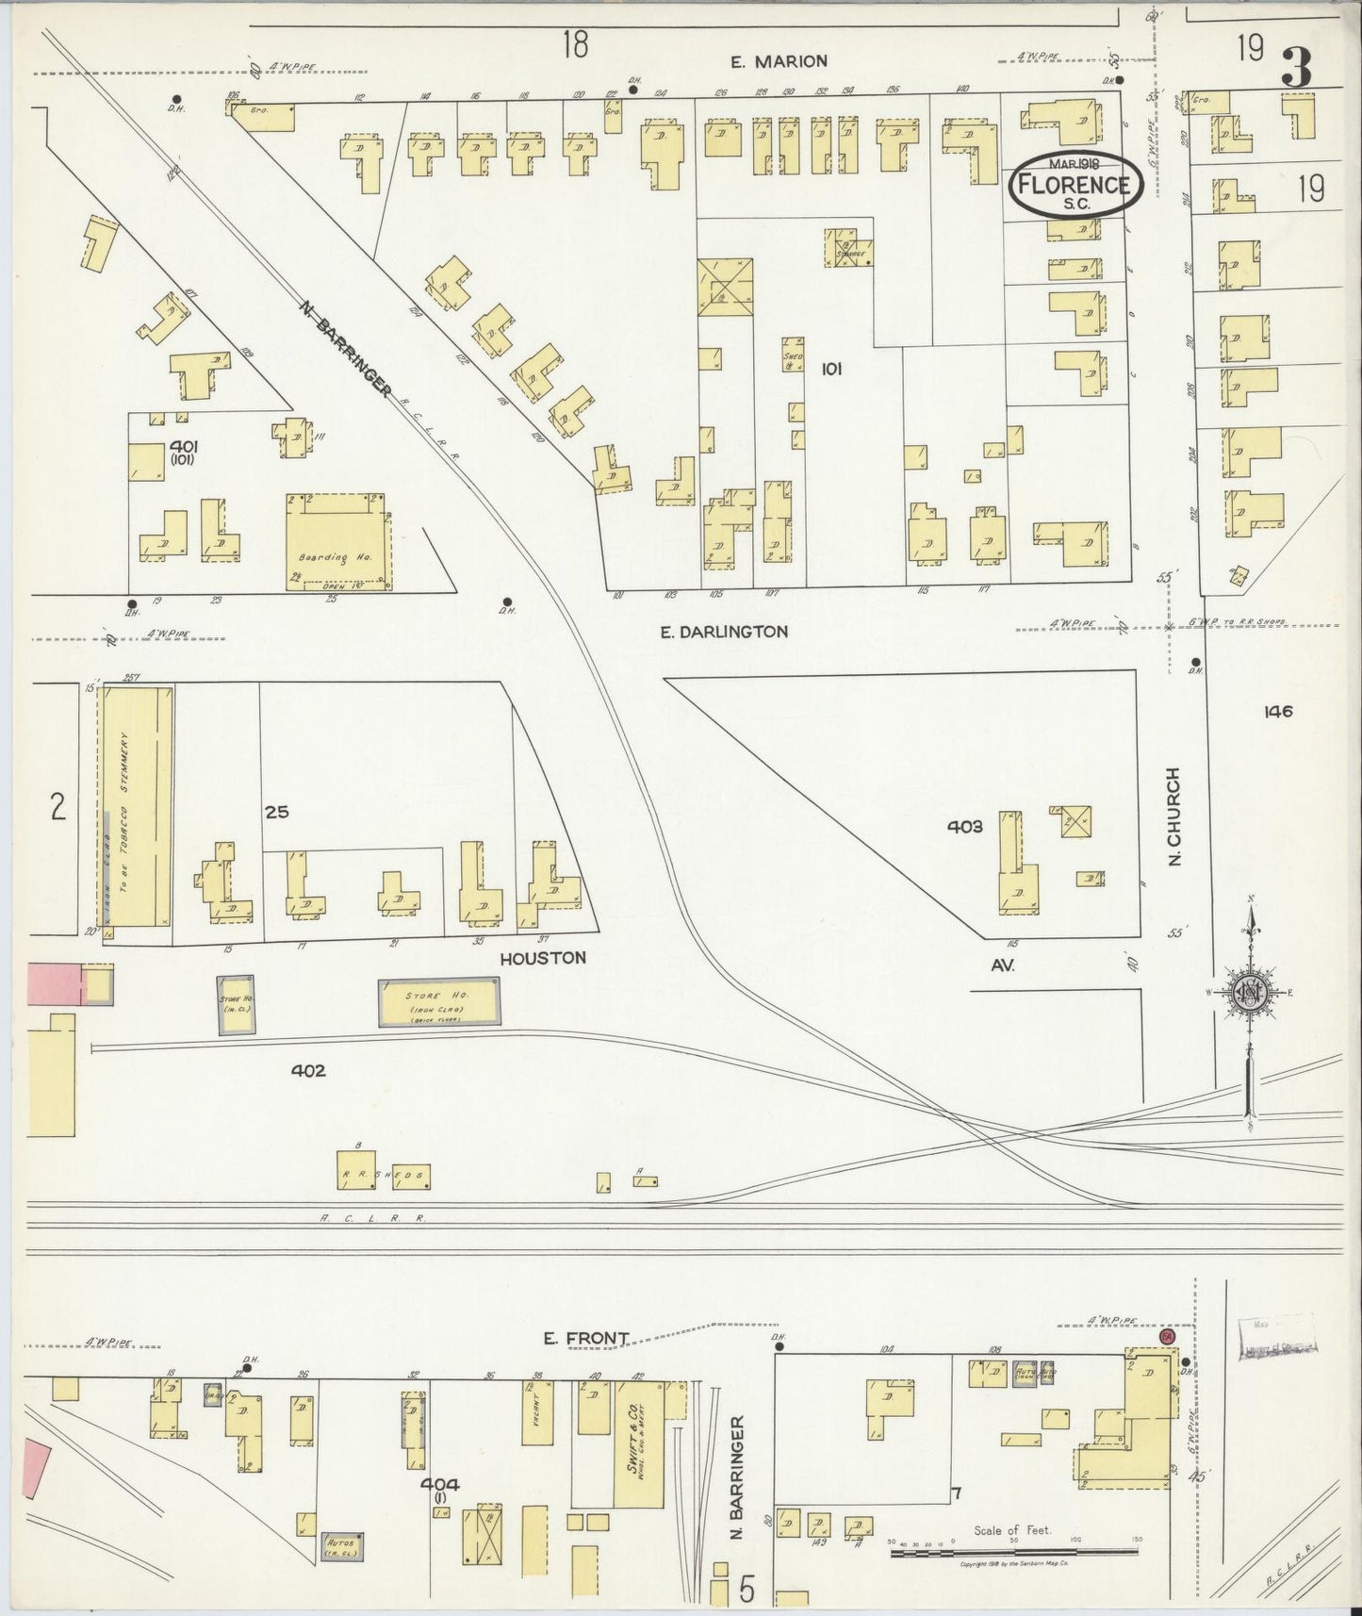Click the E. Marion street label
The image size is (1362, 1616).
pyautogui.click(x=779, y=61)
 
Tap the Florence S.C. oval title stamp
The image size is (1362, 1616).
pyautogui.click(x=1075, y=184)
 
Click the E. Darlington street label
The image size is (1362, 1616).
pyautogui.click(x=724, y=632)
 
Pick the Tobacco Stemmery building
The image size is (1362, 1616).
pyautogui.click(x=137, y=806)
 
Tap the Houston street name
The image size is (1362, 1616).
pyautogui.click(x=543, y=958)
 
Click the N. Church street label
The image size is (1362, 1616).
pyautogui.click(x=1173, y=816)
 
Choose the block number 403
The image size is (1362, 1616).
pyautogui.click(x=965, y=827)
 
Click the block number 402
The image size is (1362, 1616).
pyautogui.click(x=308, y=1071)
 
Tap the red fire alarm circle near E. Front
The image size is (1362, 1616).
pyautogui.click(x=1167, y=1337)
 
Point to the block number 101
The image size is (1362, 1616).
pyautogui.click(x=830, y=370)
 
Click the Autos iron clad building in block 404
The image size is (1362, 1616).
pyautogui.click(x=342, y=1545)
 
